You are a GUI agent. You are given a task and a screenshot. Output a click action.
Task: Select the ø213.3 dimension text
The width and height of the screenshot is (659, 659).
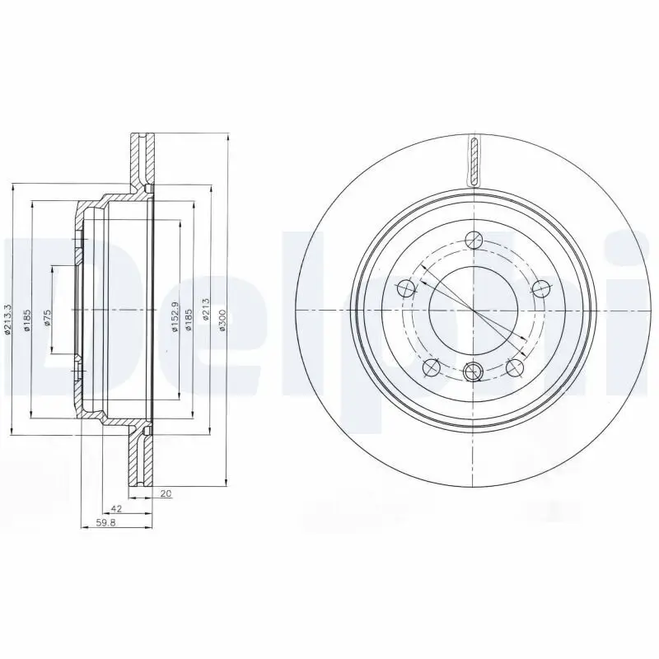pyautogui.click(x=8, y=319)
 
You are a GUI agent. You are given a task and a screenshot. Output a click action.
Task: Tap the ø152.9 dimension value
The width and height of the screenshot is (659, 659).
pyautogui.click(x=175, y=320)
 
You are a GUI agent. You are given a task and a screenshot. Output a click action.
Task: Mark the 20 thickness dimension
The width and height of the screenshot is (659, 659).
pyautogui.click(x=166, y=494)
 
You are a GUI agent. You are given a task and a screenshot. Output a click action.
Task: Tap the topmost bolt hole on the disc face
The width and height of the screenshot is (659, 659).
pyautogui.click(x=473, y=241)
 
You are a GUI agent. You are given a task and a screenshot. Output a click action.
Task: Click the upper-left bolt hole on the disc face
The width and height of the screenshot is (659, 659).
pyautogui.click(x=406, y=289)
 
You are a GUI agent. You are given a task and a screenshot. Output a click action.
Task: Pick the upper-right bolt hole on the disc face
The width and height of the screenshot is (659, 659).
pyautogui.click(x=540, y=287)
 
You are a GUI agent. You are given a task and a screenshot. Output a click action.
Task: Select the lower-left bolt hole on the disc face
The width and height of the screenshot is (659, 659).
pyautogui.click(x=431, y=367)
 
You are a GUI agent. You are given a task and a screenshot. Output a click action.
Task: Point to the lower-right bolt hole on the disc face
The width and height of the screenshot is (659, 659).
pyautogui.click(x=515, y=367)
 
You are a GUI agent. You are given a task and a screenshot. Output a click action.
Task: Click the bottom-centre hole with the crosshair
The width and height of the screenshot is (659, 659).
pyautogui.click(x=473, y=372)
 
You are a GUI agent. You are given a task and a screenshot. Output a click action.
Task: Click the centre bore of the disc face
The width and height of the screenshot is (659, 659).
pyautogui.click(x=473, y=310)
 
